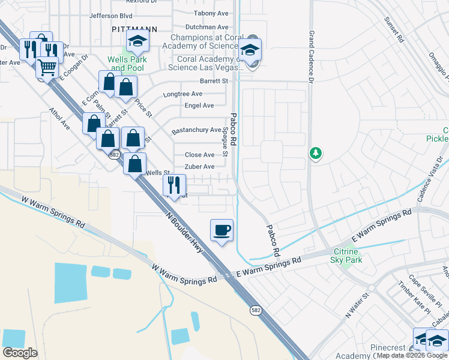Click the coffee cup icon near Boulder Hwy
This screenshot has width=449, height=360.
(221, 230)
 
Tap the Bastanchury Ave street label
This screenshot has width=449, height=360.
(197, 130)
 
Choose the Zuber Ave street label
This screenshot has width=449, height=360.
(199, 167)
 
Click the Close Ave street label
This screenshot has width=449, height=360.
(199, 155)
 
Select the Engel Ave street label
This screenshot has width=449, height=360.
(199, 106)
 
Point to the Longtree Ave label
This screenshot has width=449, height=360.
(183, 94)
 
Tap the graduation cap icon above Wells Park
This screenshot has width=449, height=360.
(137, 41)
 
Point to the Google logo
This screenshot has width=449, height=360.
(20, 353)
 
